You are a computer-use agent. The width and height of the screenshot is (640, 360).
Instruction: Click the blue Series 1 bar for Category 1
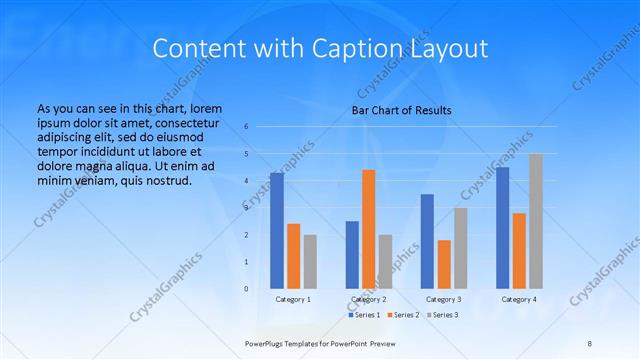tap(276, 230)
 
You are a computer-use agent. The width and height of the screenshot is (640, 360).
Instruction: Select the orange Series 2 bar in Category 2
tap(369, 229)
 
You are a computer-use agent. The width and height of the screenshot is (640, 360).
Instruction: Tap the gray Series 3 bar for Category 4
tap(536, 221)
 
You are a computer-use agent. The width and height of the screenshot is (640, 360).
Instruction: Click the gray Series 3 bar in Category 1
tap(310, 261)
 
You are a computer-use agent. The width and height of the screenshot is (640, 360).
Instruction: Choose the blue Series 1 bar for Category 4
tap(502, 227)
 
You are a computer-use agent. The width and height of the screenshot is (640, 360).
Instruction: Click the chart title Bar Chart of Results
tap(401, 110)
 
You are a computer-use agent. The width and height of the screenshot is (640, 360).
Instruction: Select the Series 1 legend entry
tap(364, 315)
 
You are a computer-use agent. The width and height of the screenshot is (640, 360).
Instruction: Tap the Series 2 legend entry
tap(402, 315)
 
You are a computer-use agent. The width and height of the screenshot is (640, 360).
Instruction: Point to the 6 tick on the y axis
tap(246, 127)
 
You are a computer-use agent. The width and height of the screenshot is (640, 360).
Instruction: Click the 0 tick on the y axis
tap(246, 289)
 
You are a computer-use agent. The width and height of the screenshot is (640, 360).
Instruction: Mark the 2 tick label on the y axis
tap(246, 235)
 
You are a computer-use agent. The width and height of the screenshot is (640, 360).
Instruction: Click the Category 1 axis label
tap(293, 299)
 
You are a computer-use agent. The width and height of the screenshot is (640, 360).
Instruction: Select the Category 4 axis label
tap(519, 299)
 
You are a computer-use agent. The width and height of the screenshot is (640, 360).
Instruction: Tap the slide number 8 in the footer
tap(589, 342)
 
